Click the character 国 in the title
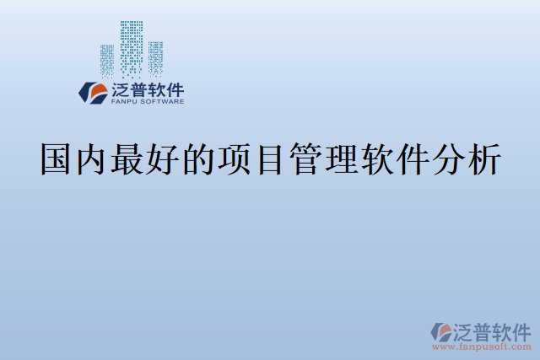point(57,160)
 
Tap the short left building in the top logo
point(107,61)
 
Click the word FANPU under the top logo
point(124,102)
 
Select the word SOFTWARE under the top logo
point(163,102)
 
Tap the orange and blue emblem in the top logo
point(91,92)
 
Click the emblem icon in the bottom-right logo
point(440,332)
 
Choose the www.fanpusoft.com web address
point(482,347)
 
